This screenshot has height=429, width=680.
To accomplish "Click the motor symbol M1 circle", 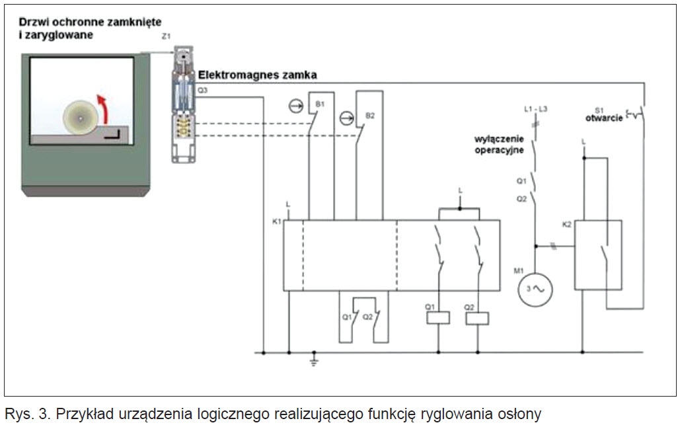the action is click(x=535, y=290).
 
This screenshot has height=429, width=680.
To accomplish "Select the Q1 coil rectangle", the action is click(x=438, y=318).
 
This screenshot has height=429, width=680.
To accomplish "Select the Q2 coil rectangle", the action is click(x=477, y=318).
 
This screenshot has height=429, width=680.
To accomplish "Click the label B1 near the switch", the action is click(x=320, y=104).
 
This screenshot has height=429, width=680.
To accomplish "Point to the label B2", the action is click(x=370, y=116).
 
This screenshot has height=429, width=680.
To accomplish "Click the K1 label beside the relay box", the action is click(x=277, y=221).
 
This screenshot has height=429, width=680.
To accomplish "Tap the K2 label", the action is click(x=566, y=225).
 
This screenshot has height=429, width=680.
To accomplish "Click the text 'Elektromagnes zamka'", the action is click(x=257, y=75).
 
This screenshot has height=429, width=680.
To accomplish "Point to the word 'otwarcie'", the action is click(x=604, y=118).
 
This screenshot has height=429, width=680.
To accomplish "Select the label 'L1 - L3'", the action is click(x=535, y=109).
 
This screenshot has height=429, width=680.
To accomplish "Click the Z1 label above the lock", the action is click(x=166, y=37).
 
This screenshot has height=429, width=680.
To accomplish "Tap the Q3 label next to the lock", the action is click(x=202, y=91).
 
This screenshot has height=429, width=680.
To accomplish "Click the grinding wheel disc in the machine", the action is click(x=80, y=117).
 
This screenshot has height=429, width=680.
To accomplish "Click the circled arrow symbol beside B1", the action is click(x=296, y=106).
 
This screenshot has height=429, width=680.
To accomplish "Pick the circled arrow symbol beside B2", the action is click(x=346, y=118).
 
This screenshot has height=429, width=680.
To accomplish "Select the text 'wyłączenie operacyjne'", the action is click(x=499, y=145).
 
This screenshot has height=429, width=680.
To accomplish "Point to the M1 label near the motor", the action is click(x=519, y=271).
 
